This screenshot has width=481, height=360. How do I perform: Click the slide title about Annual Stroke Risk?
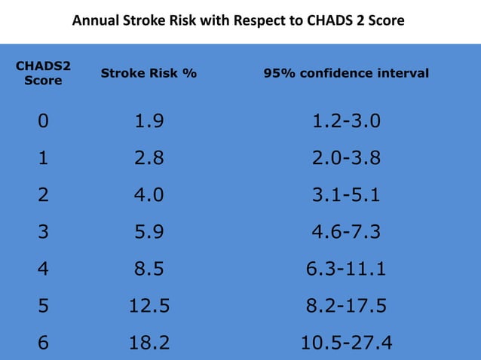[238, 20]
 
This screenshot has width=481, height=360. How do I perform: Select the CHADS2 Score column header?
[43, 73]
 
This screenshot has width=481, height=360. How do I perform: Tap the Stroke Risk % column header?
[149, 73]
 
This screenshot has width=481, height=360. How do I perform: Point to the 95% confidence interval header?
[346, 73]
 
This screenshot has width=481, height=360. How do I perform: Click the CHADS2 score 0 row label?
[43, 122]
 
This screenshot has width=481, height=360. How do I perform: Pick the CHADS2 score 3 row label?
[43, 233]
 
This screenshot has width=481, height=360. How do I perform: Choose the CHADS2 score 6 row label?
[43, 343]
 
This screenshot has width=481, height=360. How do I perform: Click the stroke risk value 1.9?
[149, 122]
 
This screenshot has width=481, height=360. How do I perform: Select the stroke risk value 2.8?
[149, 159]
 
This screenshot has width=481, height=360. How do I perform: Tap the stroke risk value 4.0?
[149, 196]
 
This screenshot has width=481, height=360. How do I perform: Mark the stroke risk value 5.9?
[149, 233]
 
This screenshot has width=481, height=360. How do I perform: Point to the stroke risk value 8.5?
[149, 269]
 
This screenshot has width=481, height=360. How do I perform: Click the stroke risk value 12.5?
[149, 306]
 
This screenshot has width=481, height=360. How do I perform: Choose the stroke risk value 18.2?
[149, 343]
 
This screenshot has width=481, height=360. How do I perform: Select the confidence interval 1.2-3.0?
[346, 122]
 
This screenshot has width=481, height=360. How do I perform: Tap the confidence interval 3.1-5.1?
[346, 196]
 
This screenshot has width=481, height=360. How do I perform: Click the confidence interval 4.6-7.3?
[346, 233]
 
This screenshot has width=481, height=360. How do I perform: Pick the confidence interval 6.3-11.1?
[346, 269]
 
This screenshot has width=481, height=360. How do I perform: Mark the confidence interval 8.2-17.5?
[346, 306]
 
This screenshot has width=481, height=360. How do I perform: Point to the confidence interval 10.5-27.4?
[346, 343]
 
